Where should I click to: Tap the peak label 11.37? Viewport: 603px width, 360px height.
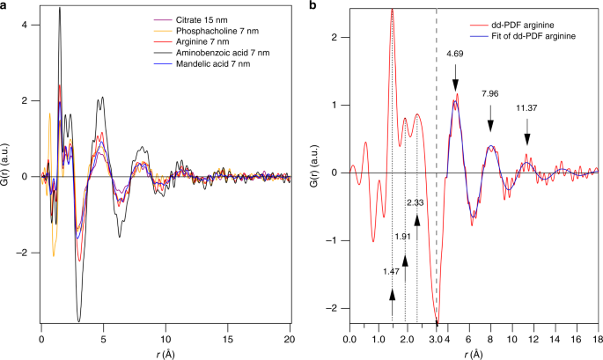click(x=526, y=109)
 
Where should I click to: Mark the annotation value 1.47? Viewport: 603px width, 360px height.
click(x=392, y=271)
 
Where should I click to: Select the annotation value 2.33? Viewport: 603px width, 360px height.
click(x=416, y=203)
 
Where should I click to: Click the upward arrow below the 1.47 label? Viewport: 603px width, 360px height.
click(x=392, y=302)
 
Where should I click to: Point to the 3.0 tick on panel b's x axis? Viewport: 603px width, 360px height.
click(x=435, y=339)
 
